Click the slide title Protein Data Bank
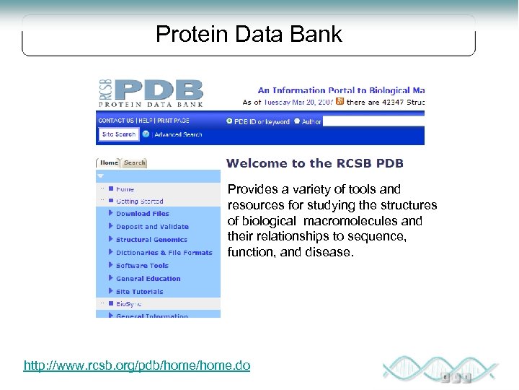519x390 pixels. pyautogui.click(x=249, y=35)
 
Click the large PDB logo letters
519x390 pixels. pyautogui.click(x=160, y=90)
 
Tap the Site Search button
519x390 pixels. pyautogui.click(x=118, y=134)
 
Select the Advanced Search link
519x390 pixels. pyautogui.click(x=177, y=134)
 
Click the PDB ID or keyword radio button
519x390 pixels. pyautogui.click(x=230, y=121)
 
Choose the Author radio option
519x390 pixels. pyautogui.click(x=297, y=121)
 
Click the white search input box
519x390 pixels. pyautogui.click(x=373, y=121)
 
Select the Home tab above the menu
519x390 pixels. pyautogui.click(x=109, y=163)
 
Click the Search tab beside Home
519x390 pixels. pyautogui.click(x=134, y=163)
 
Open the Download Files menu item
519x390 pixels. pyautogui.click(x=142, y=214)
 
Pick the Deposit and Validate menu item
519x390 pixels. pyautogui.click(x=152, y=227)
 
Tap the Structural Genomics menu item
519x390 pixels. pyautogui.click(x=151, y=240)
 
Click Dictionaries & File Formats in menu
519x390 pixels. pyautogui.click(x=164, y=253)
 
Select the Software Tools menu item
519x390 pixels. pyautogui.click(x=142, y=266)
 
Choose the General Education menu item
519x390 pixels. pyautogui.click(x=148, y=279)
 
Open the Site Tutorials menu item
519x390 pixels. pyautogui.click(x=139, y=292)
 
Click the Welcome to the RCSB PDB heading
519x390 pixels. pyautogui.click(x=314, y=163)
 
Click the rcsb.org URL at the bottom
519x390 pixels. pyautogui.click(x=137, y=366)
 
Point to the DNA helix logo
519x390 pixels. pyautogui.click(x=440, y=368)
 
